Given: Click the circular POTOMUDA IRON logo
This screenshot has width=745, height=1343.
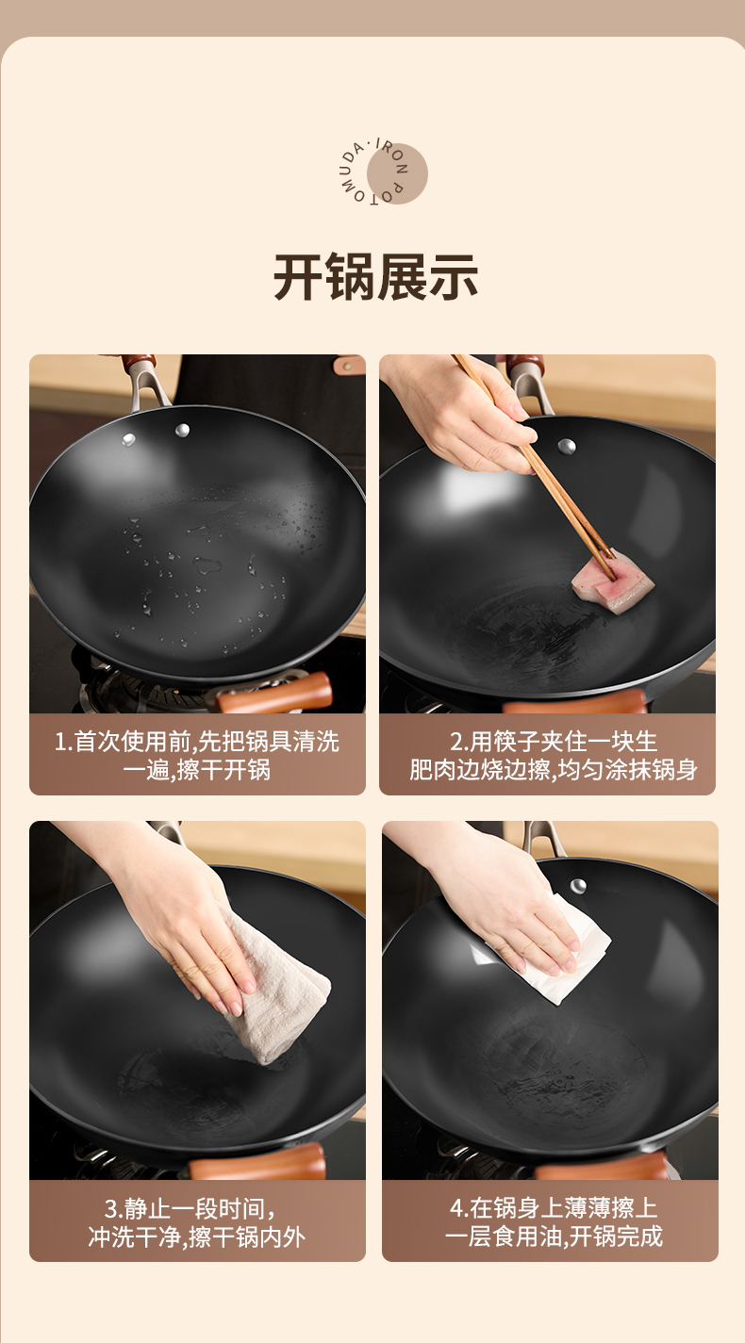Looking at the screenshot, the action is [383, 172].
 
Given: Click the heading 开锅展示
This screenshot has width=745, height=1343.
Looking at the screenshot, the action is [375, 277].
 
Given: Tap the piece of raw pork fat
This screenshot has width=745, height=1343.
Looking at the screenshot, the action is [612, 581].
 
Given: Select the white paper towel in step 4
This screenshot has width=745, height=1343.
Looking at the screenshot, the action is [549, 953].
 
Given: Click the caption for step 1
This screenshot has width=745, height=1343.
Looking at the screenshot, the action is [197, 756].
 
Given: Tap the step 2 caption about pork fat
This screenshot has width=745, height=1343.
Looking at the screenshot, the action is [553, 756].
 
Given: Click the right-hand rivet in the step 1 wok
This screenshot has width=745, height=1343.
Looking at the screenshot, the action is [182, 429].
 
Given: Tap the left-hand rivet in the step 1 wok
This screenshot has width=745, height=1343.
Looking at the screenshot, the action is [128, 439].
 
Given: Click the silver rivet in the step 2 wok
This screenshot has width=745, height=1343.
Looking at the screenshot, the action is [567, 446].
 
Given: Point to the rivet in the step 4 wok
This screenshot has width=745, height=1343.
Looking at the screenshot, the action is [578, 886].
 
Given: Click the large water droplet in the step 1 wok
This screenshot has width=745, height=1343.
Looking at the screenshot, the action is [207, 565].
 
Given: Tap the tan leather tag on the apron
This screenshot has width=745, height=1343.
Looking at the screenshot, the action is [350, 364].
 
